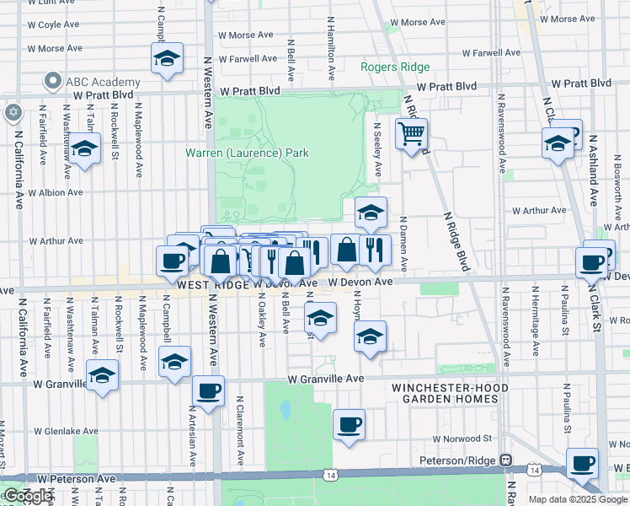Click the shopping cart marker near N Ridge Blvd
(411, 133)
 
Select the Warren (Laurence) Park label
(247, 153)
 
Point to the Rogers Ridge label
(395, 67)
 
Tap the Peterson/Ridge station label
(459, 460)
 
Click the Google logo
(27, 496)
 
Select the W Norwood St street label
(462, 439)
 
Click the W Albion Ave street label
(56, 192)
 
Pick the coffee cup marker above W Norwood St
(349, 424)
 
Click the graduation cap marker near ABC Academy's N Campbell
(167, 60)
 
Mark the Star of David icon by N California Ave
(13, 112)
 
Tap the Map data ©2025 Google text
(578, 499)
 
